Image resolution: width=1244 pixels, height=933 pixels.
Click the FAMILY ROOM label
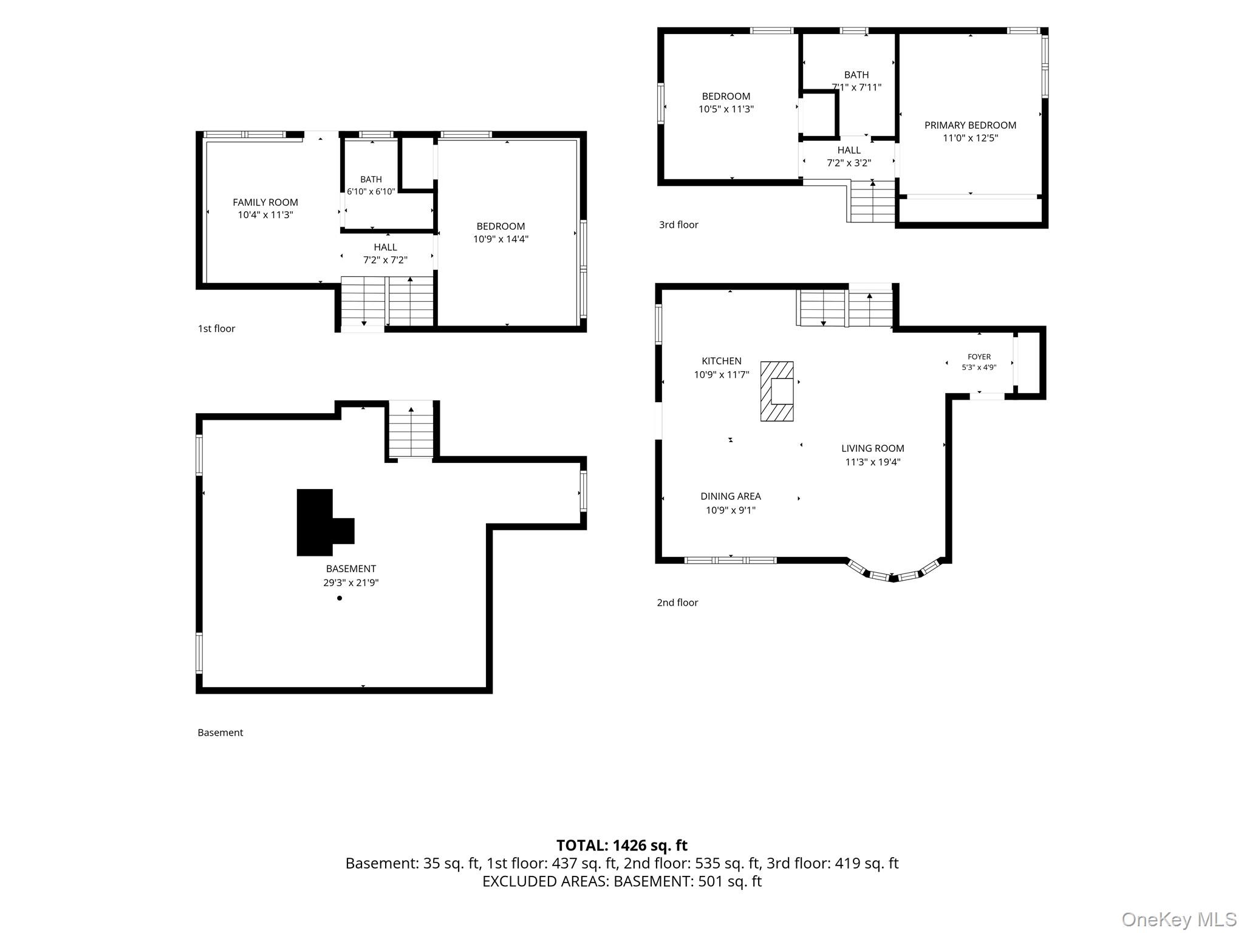point(265,202)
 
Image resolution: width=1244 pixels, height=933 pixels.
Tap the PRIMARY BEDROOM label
point(970,125)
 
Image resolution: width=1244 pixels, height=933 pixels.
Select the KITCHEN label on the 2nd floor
point(722,361)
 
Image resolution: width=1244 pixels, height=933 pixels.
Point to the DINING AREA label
point(731,496)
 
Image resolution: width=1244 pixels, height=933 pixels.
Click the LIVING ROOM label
point(873,448)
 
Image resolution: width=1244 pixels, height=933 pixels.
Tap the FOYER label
point(979,357)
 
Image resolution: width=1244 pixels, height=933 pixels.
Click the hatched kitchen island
point(777,391)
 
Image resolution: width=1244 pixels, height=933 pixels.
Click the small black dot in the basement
point(340,598)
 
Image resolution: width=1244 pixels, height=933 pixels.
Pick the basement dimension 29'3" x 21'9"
point(351,583)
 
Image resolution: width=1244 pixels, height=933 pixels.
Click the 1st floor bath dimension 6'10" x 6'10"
point(371,191)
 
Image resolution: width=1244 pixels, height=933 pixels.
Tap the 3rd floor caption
point(678,225)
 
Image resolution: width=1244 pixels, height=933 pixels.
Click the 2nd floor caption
point(677,603)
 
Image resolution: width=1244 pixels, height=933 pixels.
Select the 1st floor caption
point(216,329)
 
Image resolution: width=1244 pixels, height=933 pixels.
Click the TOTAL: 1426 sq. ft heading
point(622,846)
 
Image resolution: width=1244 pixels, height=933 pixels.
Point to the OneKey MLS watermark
point(1179,920)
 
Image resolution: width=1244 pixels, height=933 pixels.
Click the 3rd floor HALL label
point(849,150)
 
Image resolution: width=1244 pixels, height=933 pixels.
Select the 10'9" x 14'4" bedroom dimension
point(501,239)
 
